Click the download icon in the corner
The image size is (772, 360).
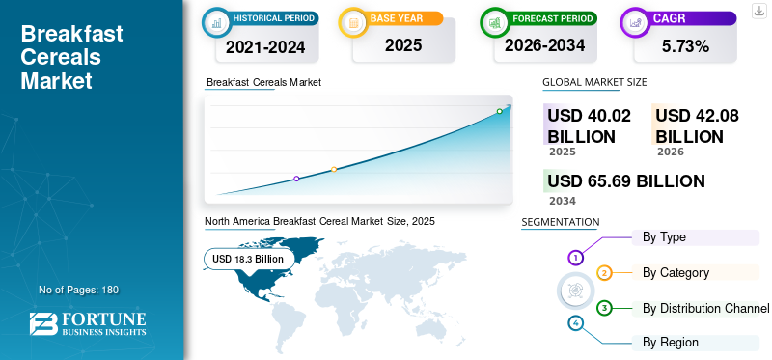click(758, 11)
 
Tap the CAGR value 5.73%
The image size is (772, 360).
click(685, 46)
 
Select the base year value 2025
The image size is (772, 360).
click(403, 45)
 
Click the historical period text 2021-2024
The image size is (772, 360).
click(265, 46)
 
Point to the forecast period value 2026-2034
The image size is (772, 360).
click(544, 45)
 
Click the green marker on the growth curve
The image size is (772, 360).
click(499, 111)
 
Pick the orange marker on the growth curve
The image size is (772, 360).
click(334, 170)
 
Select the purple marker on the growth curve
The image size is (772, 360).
click(296, 179)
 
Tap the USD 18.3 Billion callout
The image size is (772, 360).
click(248, 259)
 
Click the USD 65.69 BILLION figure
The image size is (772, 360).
click(626, 181)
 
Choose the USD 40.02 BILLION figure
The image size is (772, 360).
click(589, 125)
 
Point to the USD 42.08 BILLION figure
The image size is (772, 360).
click(697, 125)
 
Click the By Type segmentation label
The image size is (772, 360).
click(664, 237)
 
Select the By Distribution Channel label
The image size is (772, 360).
click(706, 309)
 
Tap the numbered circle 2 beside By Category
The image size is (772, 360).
click(605, 273)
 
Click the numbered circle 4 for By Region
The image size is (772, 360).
click(575, 323)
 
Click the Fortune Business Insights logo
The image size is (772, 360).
click(88, 323)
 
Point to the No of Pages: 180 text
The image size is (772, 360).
click(79, 290)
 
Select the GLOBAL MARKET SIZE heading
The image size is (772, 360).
click(594, 82)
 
